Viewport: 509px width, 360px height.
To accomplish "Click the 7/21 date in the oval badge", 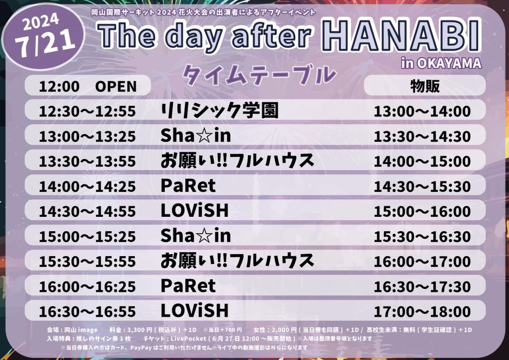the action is click(x=45, y=43).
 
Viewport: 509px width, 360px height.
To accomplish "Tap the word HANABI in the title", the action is click(x=401, y=36).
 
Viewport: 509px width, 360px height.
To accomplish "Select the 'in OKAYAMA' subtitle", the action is click(x=441, y=63).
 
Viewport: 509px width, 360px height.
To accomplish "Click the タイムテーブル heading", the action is click(x=258, y=75).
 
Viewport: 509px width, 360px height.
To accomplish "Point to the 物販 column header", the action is click(x=425, y=86).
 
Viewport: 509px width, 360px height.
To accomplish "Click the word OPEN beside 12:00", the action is click(x=116, y=87).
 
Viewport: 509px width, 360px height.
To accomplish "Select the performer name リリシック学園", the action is click(x=220, y=110).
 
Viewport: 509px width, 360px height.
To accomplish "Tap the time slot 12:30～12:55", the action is click(x=87, y=111).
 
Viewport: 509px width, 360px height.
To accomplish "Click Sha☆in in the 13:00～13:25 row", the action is click(x=196, y=135).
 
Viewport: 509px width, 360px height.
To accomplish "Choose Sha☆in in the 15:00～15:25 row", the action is click(x=196, y=235).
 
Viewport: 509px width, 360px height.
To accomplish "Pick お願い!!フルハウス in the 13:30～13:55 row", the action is click(x=237, y=161).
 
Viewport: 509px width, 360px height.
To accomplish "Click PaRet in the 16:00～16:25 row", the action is click(x=188, y=285).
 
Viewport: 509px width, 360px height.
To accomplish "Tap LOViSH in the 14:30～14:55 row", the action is click(x=195, y=211).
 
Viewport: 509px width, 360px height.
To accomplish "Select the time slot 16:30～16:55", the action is click(x=87, y=312).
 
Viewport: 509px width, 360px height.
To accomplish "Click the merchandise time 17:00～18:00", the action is click(x=423, y=312).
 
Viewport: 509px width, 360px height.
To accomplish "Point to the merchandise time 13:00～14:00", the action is click(x=423, y=111).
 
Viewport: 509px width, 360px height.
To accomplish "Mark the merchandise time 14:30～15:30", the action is click(x=423, y=186).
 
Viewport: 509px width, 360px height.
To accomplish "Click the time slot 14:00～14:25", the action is click(x=87, y=186).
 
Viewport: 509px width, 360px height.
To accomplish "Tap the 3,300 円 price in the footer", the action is click(x=140, y=330).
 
